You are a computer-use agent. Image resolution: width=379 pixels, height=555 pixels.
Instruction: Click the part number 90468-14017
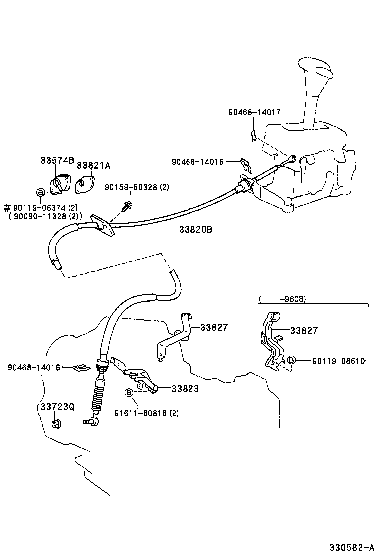[254, 113]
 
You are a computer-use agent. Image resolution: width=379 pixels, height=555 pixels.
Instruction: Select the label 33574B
[57, 160]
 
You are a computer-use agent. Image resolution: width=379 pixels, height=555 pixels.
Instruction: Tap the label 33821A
[93, 165]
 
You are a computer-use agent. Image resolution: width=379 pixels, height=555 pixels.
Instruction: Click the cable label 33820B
[195, 229]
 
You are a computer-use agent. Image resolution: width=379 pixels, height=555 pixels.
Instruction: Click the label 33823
[185, 388]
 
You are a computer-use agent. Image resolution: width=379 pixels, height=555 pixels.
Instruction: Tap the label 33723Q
[57, 407]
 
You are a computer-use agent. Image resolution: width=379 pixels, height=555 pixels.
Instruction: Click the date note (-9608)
[283, 299]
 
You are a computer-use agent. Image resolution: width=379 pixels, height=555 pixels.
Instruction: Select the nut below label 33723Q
[56, 425]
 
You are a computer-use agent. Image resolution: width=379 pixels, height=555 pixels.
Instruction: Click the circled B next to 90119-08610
[292, 360]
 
